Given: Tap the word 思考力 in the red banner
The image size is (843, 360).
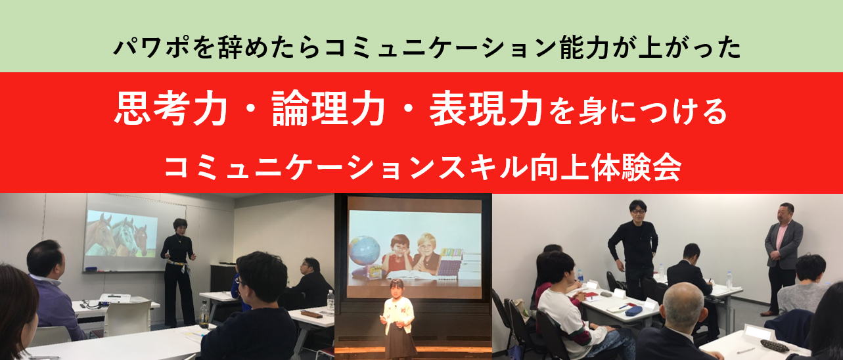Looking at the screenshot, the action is (171, 108).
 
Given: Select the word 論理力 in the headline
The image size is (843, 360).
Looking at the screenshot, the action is (328, 108).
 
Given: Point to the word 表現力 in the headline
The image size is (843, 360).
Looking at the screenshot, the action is (486, 108).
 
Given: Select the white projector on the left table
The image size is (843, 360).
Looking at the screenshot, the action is (115, 298).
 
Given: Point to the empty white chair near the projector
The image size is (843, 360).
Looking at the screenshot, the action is (126, 318).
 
